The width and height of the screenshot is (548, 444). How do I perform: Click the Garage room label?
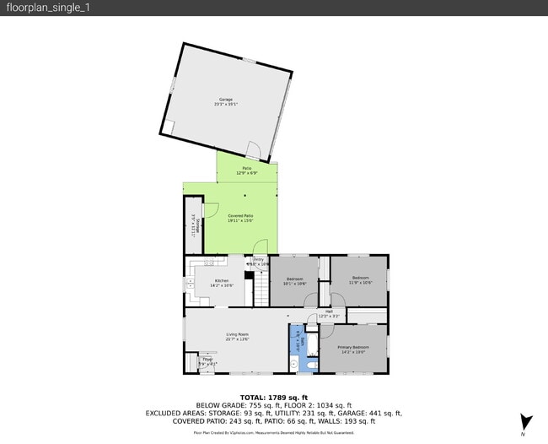coord(226,101)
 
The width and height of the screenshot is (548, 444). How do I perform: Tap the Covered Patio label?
coord(240,217)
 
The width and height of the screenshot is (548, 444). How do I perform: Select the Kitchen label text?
coord(221,283)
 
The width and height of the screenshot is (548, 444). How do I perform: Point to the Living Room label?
coord(237,337)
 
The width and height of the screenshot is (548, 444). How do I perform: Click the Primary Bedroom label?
coord(353,349)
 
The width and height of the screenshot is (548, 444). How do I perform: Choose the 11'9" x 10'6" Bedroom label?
coord(360,279)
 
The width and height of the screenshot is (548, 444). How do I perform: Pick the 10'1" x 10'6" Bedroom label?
coord(294,281)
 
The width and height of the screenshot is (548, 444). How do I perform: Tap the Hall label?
coord(329,314)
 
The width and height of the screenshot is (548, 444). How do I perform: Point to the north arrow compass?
coord(525,423)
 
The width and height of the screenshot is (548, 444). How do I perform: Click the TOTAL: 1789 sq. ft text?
coord(274,397)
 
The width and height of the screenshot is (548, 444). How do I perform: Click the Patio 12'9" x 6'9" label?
coord(247,171)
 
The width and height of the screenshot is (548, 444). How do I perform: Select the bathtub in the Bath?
coord(313,344)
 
